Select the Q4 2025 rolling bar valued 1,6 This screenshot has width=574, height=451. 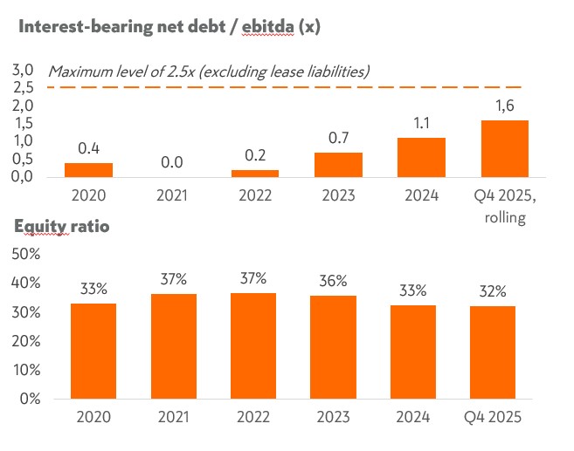point(505,148)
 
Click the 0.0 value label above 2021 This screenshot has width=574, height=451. point(171,162)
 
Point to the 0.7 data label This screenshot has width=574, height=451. point(338,138)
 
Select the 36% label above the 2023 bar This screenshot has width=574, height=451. point(334,281)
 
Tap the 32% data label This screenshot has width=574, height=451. point(493,291)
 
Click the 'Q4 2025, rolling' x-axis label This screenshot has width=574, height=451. point(505,206)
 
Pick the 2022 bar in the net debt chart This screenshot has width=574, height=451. point(255,173)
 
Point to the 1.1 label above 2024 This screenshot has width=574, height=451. point(421,123)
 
